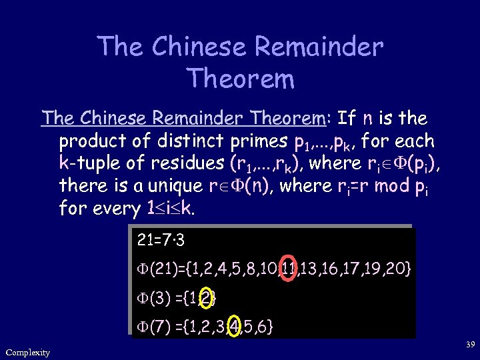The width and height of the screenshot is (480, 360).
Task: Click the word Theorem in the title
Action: (241, 79)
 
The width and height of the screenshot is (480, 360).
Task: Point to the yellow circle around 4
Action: (235, 327)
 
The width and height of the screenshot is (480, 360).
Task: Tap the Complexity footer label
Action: (27, 352)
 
